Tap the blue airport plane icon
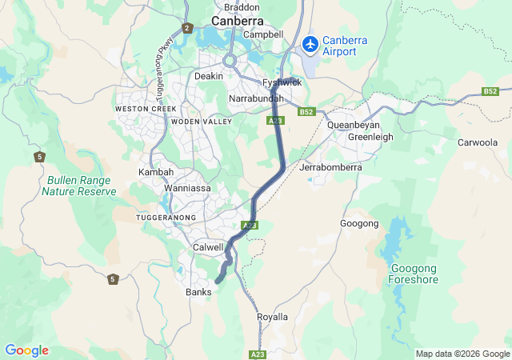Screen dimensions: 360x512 [310, 42]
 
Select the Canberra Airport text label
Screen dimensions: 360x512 [350, 46]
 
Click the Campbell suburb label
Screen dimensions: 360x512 [263, 34]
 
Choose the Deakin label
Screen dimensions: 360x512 [209, 76]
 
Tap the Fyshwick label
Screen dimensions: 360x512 [282, 82]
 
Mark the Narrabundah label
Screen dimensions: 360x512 [256, 98]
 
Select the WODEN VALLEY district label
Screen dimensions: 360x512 [201, 122]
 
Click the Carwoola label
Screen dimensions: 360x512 [477, 142]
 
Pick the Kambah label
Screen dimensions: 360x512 [155, 172]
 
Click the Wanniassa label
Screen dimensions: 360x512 [186, 188]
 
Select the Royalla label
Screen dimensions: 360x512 [272, 317]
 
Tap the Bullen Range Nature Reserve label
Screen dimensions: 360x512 [79, 186]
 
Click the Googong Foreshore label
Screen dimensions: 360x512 [413, 274]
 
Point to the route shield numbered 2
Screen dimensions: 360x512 [187, 28]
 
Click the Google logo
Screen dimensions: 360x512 [26, 350]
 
